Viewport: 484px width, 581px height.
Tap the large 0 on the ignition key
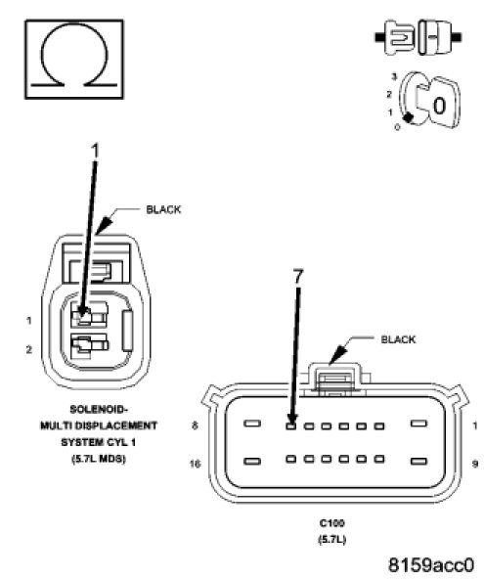click(439, 106)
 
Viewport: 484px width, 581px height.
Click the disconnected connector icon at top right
click(418, 37)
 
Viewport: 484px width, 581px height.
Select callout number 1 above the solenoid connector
click(95, 152)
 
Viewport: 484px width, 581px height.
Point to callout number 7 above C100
click(298, 276)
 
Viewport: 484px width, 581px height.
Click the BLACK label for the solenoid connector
click(163, 209)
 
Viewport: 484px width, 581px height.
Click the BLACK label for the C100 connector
click(398, 339)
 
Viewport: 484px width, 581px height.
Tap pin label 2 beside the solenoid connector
click(29, 349)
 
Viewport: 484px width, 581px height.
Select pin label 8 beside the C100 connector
click(195, 425)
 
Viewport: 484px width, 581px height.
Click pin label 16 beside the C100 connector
click(195, 464)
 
